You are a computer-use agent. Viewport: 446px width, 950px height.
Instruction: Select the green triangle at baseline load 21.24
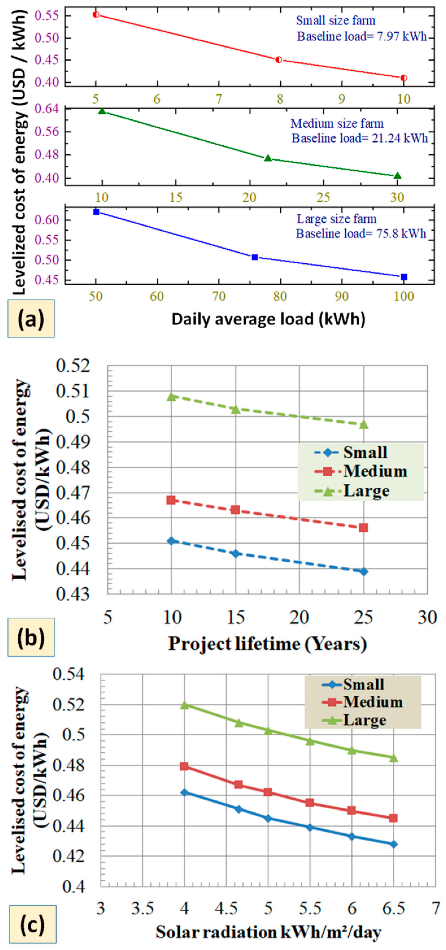(x=268, y=158)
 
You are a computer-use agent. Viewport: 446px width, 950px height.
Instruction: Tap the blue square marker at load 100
(x=404, y=277)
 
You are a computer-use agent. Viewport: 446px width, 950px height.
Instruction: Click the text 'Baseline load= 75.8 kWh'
(x=361, y=234)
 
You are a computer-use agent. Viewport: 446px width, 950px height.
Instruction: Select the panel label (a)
(x=31, y=319)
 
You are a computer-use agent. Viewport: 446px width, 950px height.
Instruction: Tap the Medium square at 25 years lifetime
(x=363, y=528)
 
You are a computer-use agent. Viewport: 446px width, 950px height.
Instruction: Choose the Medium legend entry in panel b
(x=361, y=471)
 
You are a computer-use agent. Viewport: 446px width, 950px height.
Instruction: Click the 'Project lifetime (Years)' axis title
(x=267, y=643)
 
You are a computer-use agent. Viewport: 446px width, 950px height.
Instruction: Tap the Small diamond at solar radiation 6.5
(x=393, y=844)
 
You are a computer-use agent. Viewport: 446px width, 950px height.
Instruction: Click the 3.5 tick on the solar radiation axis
(x=142, y=908)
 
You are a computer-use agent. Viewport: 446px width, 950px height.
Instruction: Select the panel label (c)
(x=32, y=924)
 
